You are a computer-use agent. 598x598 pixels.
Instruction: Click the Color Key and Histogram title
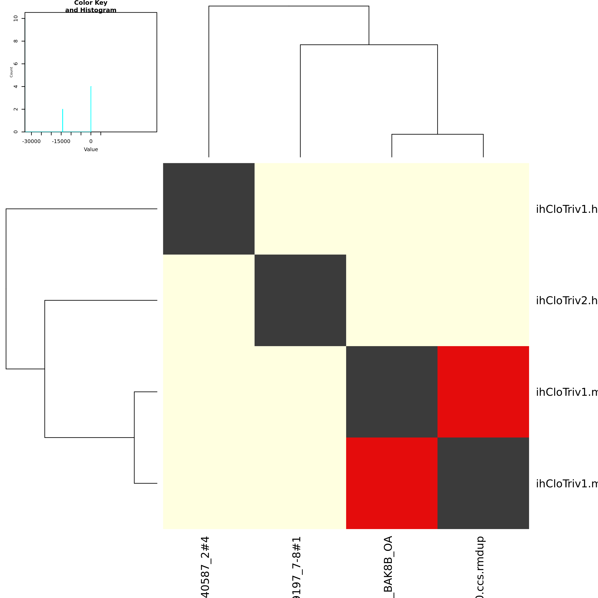coord(91,6)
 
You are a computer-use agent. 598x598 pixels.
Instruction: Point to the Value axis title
coord(91,149)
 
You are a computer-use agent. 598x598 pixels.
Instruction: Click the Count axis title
coord(11,72)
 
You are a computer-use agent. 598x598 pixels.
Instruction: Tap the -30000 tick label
coord(31,141)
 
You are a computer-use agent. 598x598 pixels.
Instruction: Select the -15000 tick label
coord(61,141)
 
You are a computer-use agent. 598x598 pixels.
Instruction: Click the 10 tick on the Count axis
coord(16,18)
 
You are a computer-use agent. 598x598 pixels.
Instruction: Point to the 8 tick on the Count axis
coord(16,41)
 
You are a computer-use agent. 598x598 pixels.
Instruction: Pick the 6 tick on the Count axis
coord(16,64)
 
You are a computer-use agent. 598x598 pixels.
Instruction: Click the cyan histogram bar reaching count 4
coord(91,109)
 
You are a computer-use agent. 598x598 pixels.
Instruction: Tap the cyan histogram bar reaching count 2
coord(62,120)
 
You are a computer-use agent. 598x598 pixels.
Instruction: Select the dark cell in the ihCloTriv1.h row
coord(209,209)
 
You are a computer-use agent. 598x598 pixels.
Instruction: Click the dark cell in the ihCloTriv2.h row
coord(300,300)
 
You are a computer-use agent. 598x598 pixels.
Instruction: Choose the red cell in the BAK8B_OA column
coord(392,483)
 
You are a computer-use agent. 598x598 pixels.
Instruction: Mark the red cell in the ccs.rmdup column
coord(483,392)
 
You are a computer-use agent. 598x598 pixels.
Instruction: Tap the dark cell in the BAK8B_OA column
coord(392,392)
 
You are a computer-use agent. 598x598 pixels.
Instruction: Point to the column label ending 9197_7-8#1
coord(297,566)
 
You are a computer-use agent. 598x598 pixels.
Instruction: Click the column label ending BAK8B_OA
coord(388,566)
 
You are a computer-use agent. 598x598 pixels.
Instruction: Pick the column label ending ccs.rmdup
coord(480,566)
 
